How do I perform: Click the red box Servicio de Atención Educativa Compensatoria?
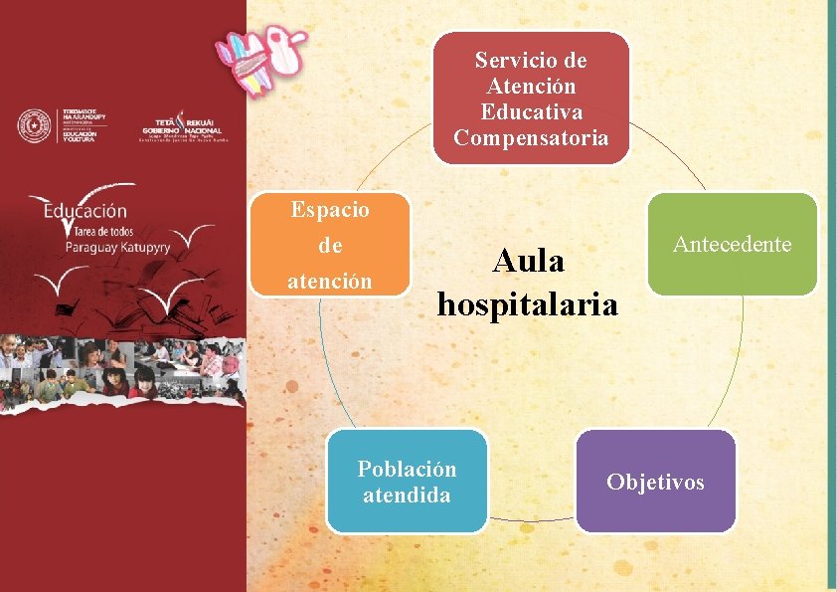[531, 98]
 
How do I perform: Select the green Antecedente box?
[732, 244]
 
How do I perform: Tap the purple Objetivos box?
[655, 482]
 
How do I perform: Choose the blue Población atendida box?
[408, 482]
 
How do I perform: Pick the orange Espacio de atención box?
[330, 245]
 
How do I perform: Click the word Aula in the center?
[528, 262]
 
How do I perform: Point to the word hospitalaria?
[527, 303]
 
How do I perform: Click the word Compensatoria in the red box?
[531, 137]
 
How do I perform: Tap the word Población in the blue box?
[408, 469]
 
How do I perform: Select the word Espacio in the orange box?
[330, 210]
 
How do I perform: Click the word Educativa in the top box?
[531, 111]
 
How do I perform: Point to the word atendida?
[408, 494]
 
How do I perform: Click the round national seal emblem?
[35, 125]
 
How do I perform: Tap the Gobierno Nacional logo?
[182, 125]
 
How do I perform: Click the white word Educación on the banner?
[85, 211]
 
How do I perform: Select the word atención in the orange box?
[330, 282]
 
